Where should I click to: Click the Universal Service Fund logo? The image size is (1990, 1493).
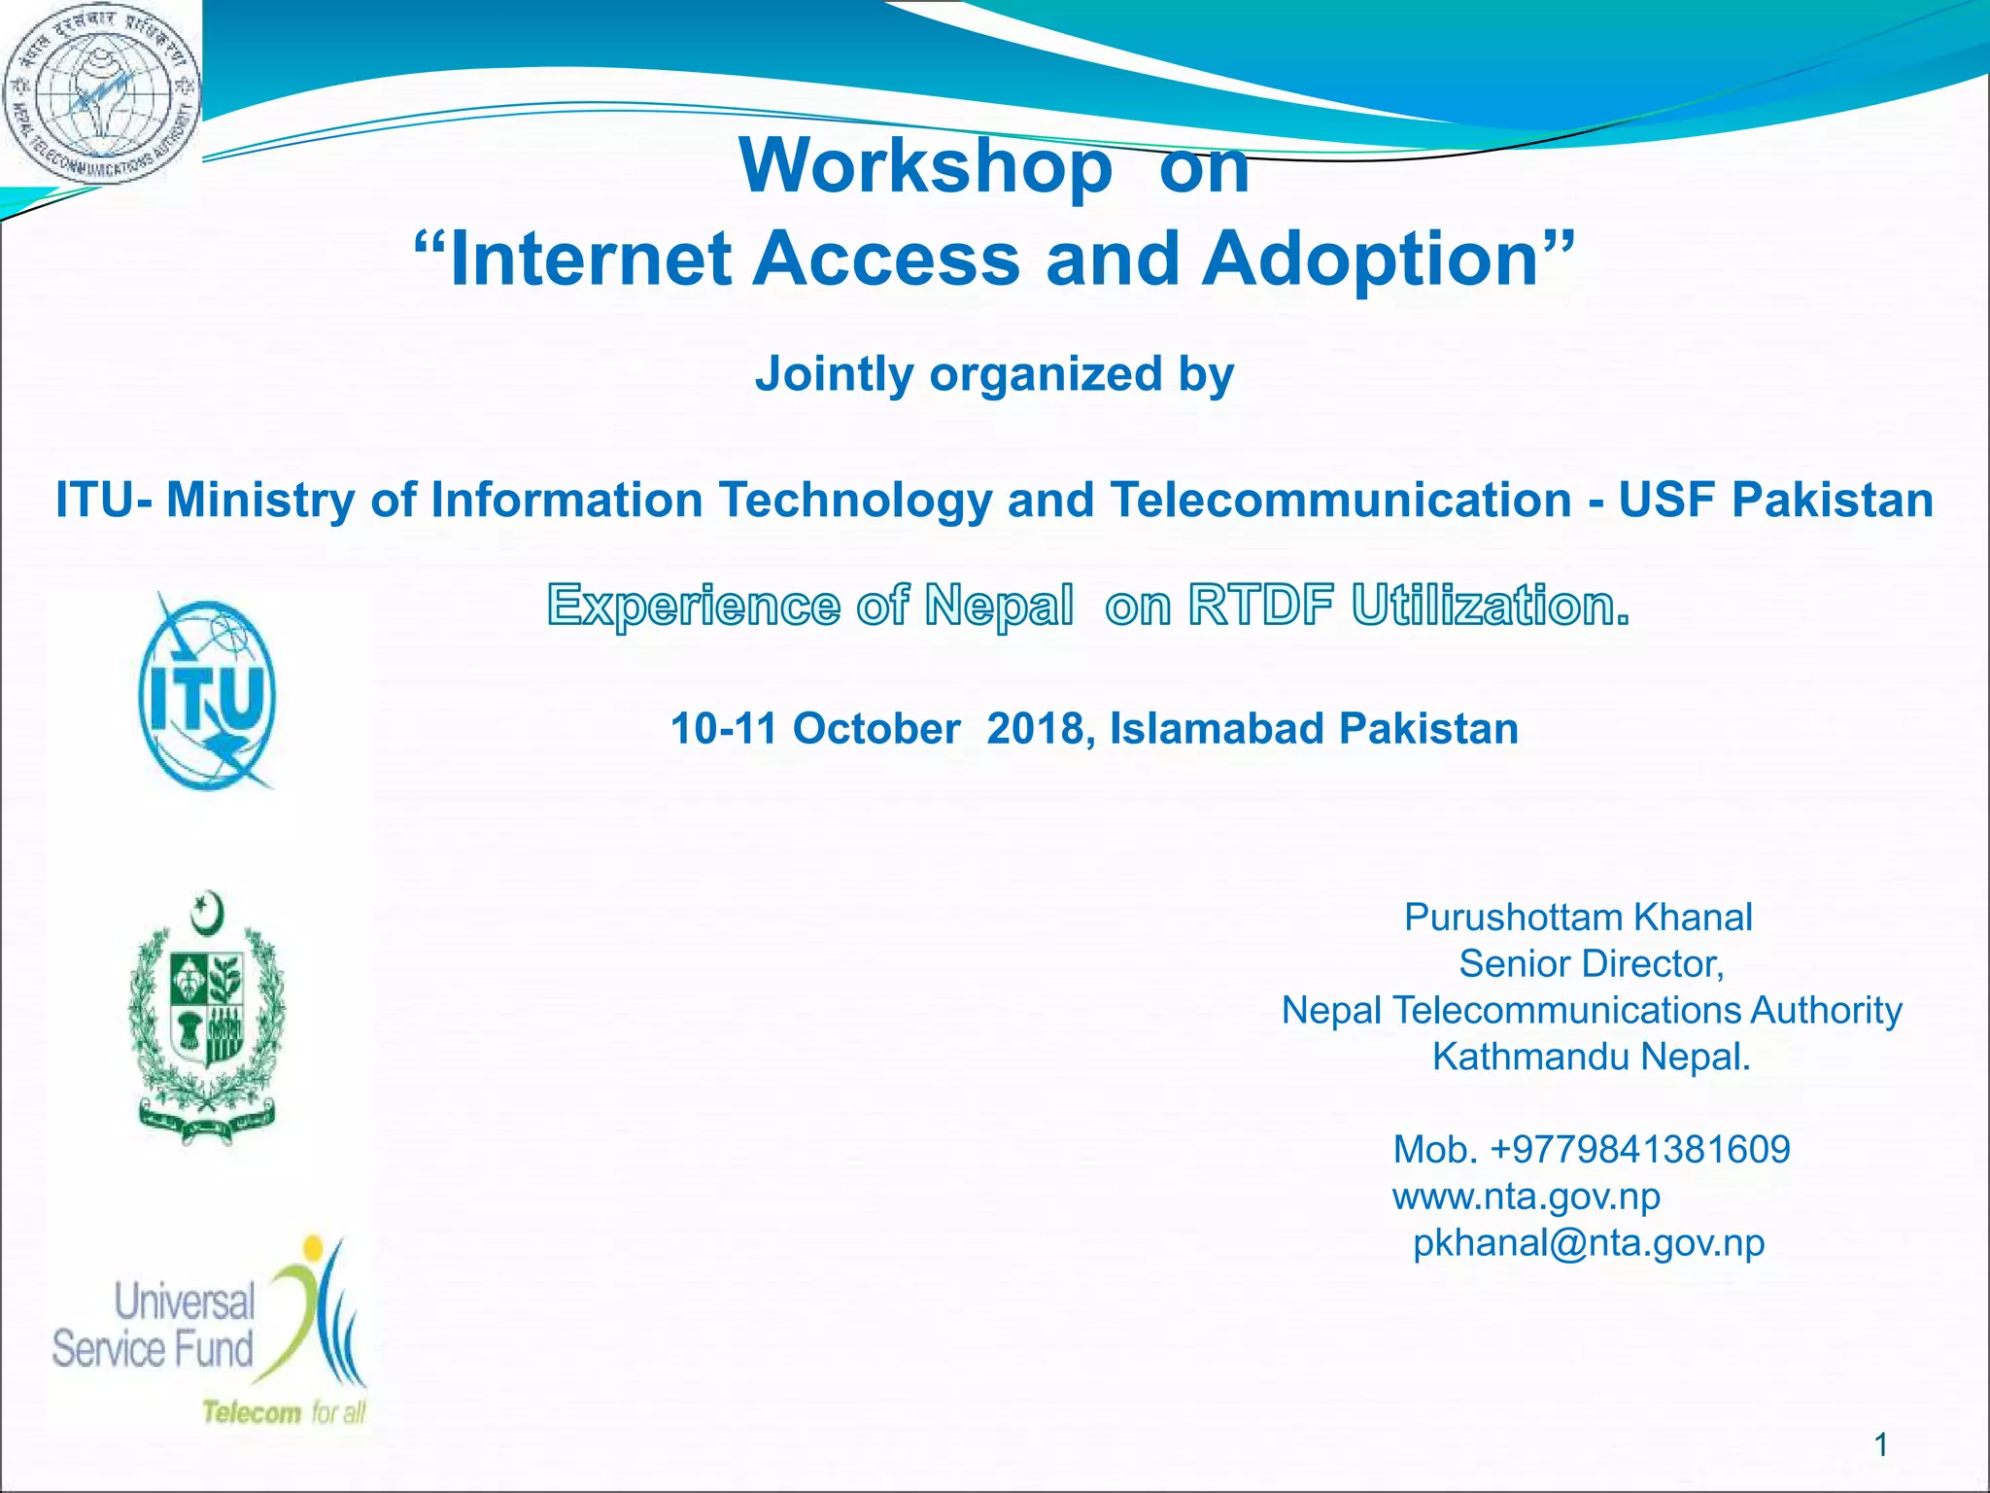pos(209,1332)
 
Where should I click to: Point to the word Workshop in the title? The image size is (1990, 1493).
pos(925,166)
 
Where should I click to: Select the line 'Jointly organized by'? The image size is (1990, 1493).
pos(994,374)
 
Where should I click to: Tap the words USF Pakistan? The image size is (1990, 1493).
pos(1775,501)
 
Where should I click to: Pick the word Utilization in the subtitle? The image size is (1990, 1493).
pos(1489,606)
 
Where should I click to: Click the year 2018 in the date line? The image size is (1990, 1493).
pos(1035,729)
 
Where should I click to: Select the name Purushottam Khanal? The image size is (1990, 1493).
pos(1578,918)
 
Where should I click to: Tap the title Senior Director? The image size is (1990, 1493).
pos(1591,964)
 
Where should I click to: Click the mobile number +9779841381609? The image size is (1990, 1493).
pos(1639,1150)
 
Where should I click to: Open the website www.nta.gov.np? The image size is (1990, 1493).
pos(1527,1197)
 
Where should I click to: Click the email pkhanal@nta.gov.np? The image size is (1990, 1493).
pos(1589,1243)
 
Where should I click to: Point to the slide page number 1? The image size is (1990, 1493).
pos(1880,1444)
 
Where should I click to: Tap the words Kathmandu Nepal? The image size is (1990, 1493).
pos(1591,1057)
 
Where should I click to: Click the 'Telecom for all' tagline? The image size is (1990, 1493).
pos(284,1411)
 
